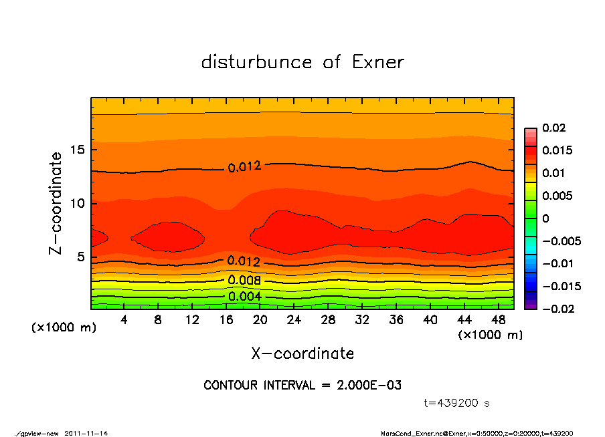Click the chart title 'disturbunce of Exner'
click(302, 62)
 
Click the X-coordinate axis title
click(302, 353)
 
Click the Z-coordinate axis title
click(56, 203)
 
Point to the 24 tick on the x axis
click(294, 319)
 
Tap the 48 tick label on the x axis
click(498, 319)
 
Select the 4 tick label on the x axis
click(124, 319)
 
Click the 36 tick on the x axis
click(396, 319)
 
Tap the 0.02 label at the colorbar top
click(553, 128)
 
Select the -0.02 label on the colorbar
click(556, 309)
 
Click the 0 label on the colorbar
click(545, 218)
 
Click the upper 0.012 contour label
click(244, 167)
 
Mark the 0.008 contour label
click(244, 280)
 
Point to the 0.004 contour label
click(244, 296)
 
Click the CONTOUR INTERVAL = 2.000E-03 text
click(302, 385)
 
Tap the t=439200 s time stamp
click(457, 403)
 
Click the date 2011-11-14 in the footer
click(86, 433)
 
